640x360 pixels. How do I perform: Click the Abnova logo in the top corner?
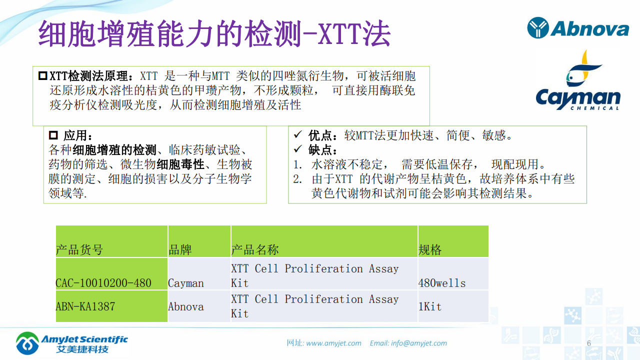pos(578,28)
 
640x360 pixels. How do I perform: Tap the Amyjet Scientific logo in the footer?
pos(71,342)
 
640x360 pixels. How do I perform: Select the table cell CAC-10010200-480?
pos(103,283)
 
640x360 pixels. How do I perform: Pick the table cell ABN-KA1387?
pos(85,306)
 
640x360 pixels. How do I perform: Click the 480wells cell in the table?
pos(442,283)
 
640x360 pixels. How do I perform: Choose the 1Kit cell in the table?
pos(430,306)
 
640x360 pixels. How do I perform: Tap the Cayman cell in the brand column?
pos(186,283)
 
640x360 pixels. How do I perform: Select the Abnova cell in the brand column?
pos(186,306)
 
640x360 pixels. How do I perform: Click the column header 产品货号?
pos(79,249)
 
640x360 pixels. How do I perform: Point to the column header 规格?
pos(430,249)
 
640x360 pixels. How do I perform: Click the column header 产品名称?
pos(255,249)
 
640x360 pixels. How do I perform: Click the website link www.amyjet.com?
pos(333,343)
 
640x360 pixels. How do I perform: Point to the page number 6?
pos(588,343)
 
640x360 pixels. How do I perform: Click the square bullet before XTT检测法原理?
pos(42,76)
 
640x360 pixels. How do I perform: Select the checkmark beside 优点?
pos(297,135)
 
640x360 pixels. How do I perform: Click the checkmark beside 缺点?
pos(297,149)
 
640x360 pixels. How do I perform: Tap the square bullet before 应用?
pos(53,135)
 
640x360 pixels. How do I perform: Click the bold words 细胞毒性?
pos(180,164)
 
